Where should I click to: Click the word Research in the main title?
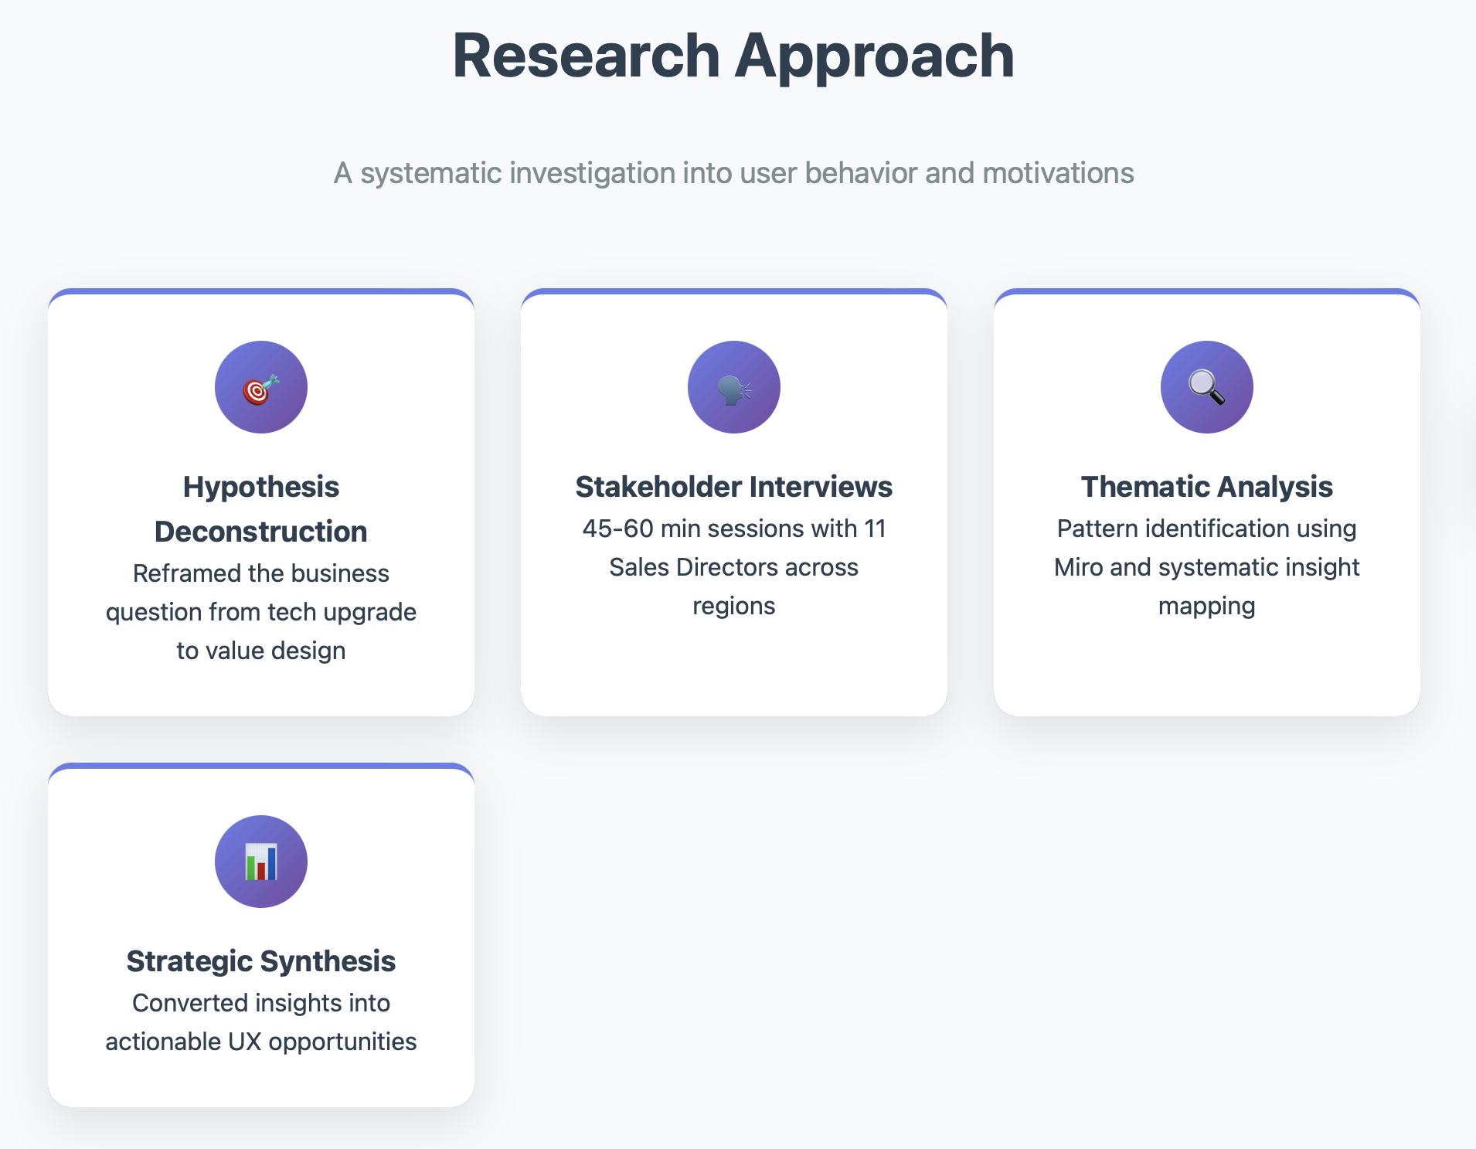pos(586,56)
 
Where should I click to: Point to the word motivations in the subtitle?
pos(1058,173)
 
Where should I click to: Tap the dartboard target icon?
pos(260,388)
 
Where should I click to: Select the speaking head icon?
pos(733,388)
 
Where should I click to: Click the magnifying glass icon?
pos(1206,388)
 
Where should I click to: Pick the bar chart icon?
pos(260,862)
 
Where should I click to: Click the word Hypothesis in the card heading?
pos(261,487)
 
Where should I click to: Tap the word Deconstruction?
pos(261,532)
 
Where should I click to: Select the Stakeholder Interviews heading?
pos(733,487)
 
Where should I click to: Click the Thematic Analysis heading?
pos(1206,487)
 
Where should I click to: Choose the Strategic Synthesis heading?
pos(261,961)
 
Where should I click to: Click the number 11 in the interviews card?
pos(875,529)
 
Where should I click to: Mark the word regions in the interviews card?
pos(733,607)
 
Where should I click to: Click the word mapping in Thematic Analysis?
pos(1206,607)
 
